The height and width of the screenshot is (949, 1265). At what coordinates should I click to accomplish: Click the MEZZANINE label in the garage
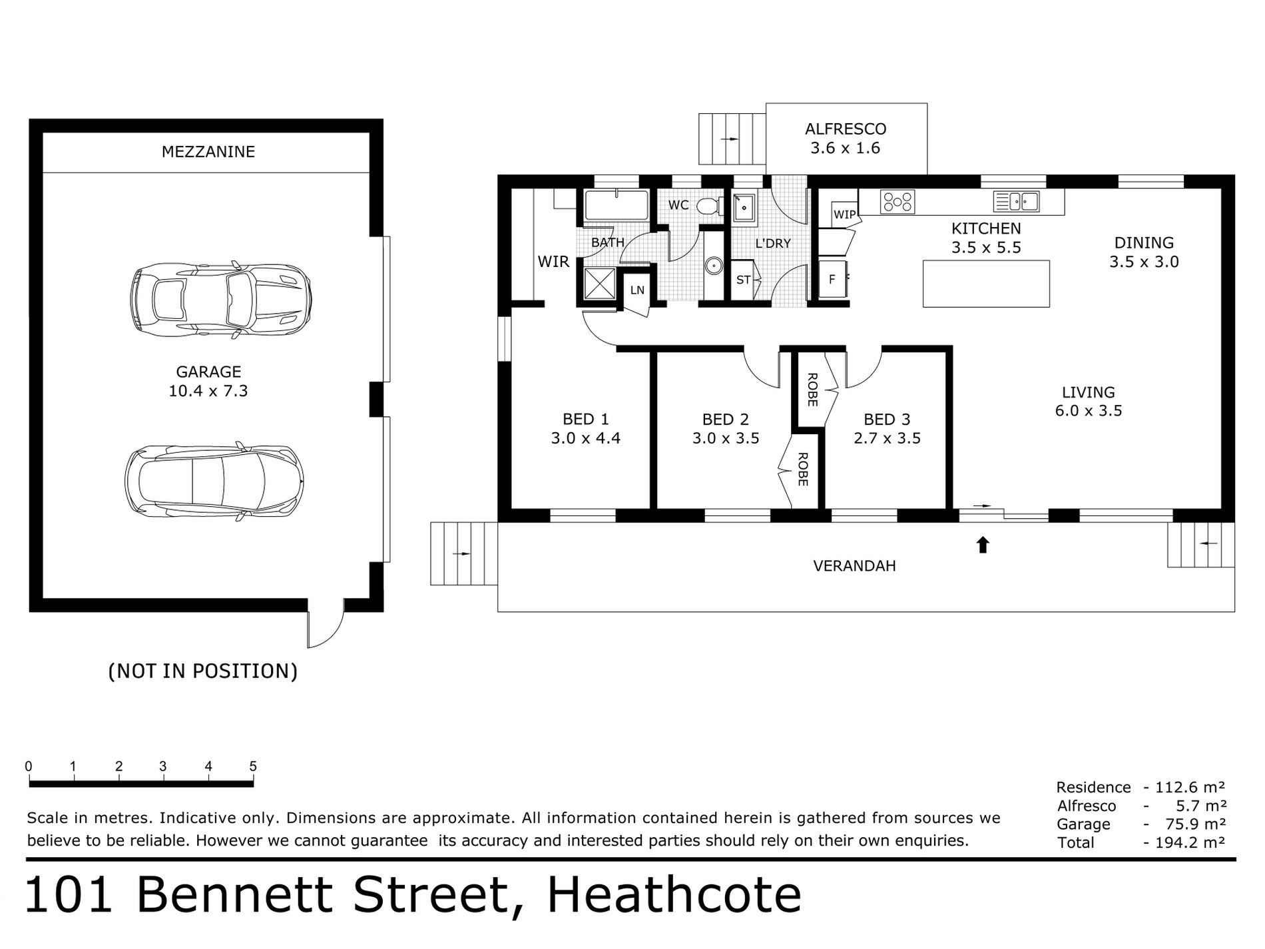pyautogui.click(x=208, y=152)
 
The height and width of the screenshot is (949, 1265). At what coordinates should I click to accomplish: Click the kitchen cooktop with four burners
pyautogui.click(x=897, y=201)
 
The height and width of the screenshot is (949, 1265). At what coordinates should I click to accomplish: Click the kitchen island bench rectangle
pyautogui.click(x=986, y=284)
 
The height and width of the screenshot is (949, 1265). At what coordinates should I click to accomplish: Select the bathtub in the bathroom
pyautogui.click(x=616, y=205)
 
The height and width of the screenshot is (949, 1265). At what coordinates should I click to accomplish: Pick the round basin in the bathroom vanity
pyautogui.click(x=713, y=266)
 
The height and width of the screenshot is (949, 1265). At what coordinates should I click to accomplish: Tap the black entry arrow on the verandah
pyautogui.click(x=983, y=545)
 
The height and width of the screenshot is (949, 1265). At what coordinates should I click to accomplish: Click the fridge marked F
pyautogui.click(x=832, y=280)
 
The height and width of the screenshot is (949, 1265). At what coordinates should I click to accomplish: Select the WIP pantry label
pyautogui.click(x=844, y=214)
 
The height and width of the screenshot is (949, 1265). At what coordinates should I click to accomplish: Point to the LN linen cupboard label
pyautogui.click(x=637, y=290)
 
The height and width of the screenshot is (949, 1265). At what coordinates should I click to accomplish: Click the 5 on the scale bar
pyautogui.click(x=253, y=767)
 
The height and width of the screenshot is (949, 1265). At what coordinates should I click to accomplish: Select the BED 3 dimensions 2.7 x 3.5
pyautogui.click(x=887, y=438)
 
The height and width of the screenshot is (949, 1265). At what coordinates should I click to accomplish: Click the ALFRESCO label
pyautogui.click(x=846, y=129)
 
